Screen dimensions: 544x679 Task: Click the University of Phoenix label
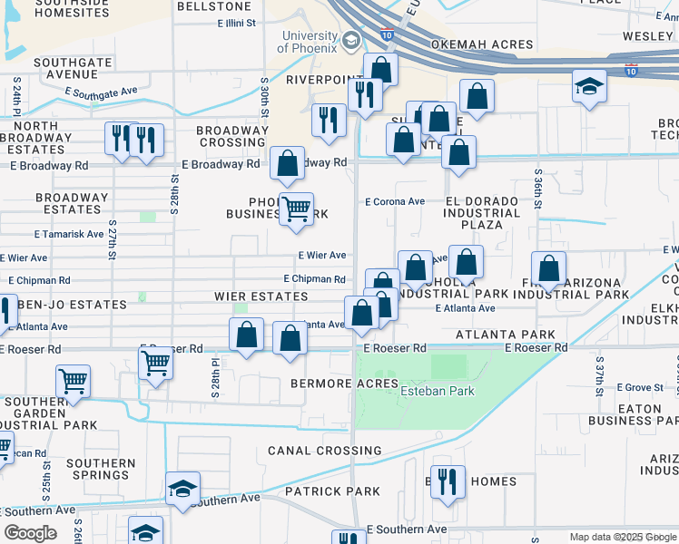[310, 42]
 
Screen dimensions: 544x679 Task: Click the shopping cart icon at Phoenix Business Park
[296, 209]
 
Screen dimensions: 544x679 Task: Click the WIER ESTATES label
[261, 296]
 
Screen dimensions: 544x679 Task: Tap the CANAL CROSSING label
[324, 451]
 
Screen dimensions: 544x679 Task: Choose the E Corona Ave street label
[395, 202]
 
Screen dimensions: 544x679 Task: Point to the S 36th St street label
[538, 189]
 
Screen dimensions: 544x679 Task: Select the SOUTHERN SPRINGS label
[101, 469]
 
